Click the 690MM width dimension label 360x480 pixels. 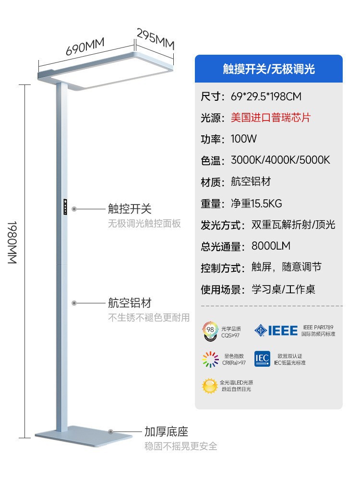tap(85, 47)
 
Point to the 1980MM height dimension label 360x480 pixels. tap(12, 242)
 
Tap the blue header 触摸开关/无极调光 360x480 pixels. tap(269, 69)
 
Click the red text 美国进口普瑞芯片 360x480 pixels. tap(271, 118)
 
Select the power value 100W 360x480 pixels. tap(244, 139)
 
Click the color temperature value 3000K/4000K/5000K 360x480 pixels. tap(280, 160)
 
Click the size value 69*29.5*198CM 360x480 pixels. tap(266, 96)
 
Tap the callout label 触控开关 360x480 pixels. tap(130, 209)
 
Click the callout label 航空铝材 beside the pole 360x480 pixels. tap(130, 303)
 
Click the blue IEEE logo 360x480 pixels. tap(276, 330)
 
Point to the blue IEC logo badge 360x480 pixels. tap(262, 359)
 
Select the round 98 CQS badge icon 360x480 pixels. tap(210, 331)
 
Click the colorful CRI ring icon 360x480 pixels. tap(210, 359)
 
